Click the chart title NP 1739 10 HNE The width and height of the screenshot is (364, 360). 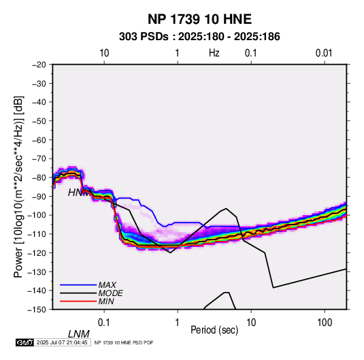click(x=199, y=19)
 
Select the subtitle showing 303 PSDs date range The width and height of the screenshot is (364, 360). click(x=199, y=37)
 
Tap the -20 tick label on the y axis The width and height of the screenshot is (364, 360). click(x=39, y=65)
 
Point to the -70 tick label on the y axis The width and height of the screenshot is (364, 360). click(x=39, y=159)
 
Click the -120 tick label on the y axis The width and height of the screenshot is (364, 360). click(x=37, y=252)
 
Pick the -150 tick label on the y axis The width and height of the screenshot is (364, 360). click(x=37, y=310)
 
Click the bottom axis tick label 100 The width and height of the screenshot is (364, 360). click(x=325, y=323)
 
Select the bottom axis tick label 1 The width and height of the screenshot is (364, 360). click(x=178, y=323)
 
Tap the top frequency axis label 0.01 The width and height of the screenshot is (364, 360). click(x=324, y=53)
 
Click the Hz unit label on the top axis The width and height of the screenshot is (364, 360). click(x=214, y=53)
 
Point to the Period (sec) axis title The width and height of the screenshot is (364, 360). click(x=214, y=330)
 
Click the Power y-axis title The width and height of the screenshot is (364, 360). click(x=18, y=186)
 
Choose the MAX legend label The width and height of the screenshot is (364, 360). click(x=107, y=285)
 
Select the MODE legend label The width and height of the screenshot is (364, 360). click(x=110, y=293)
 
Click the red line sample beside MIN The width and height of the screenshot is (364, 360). click(x=78, y=301)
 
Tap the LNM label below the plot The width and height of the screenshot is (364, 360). click(x=79, y=334)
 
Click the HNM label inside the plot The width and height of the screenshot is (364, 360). click(x=78, y=193)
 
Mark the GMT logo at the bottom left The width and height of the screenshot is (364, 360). click(x=25, y=342)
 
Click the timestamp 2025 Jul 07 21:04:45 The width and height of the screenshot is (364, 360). click(x=62, y=342)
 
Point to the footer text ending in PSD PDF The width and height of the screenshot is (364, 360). click(x=124, y=342)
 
